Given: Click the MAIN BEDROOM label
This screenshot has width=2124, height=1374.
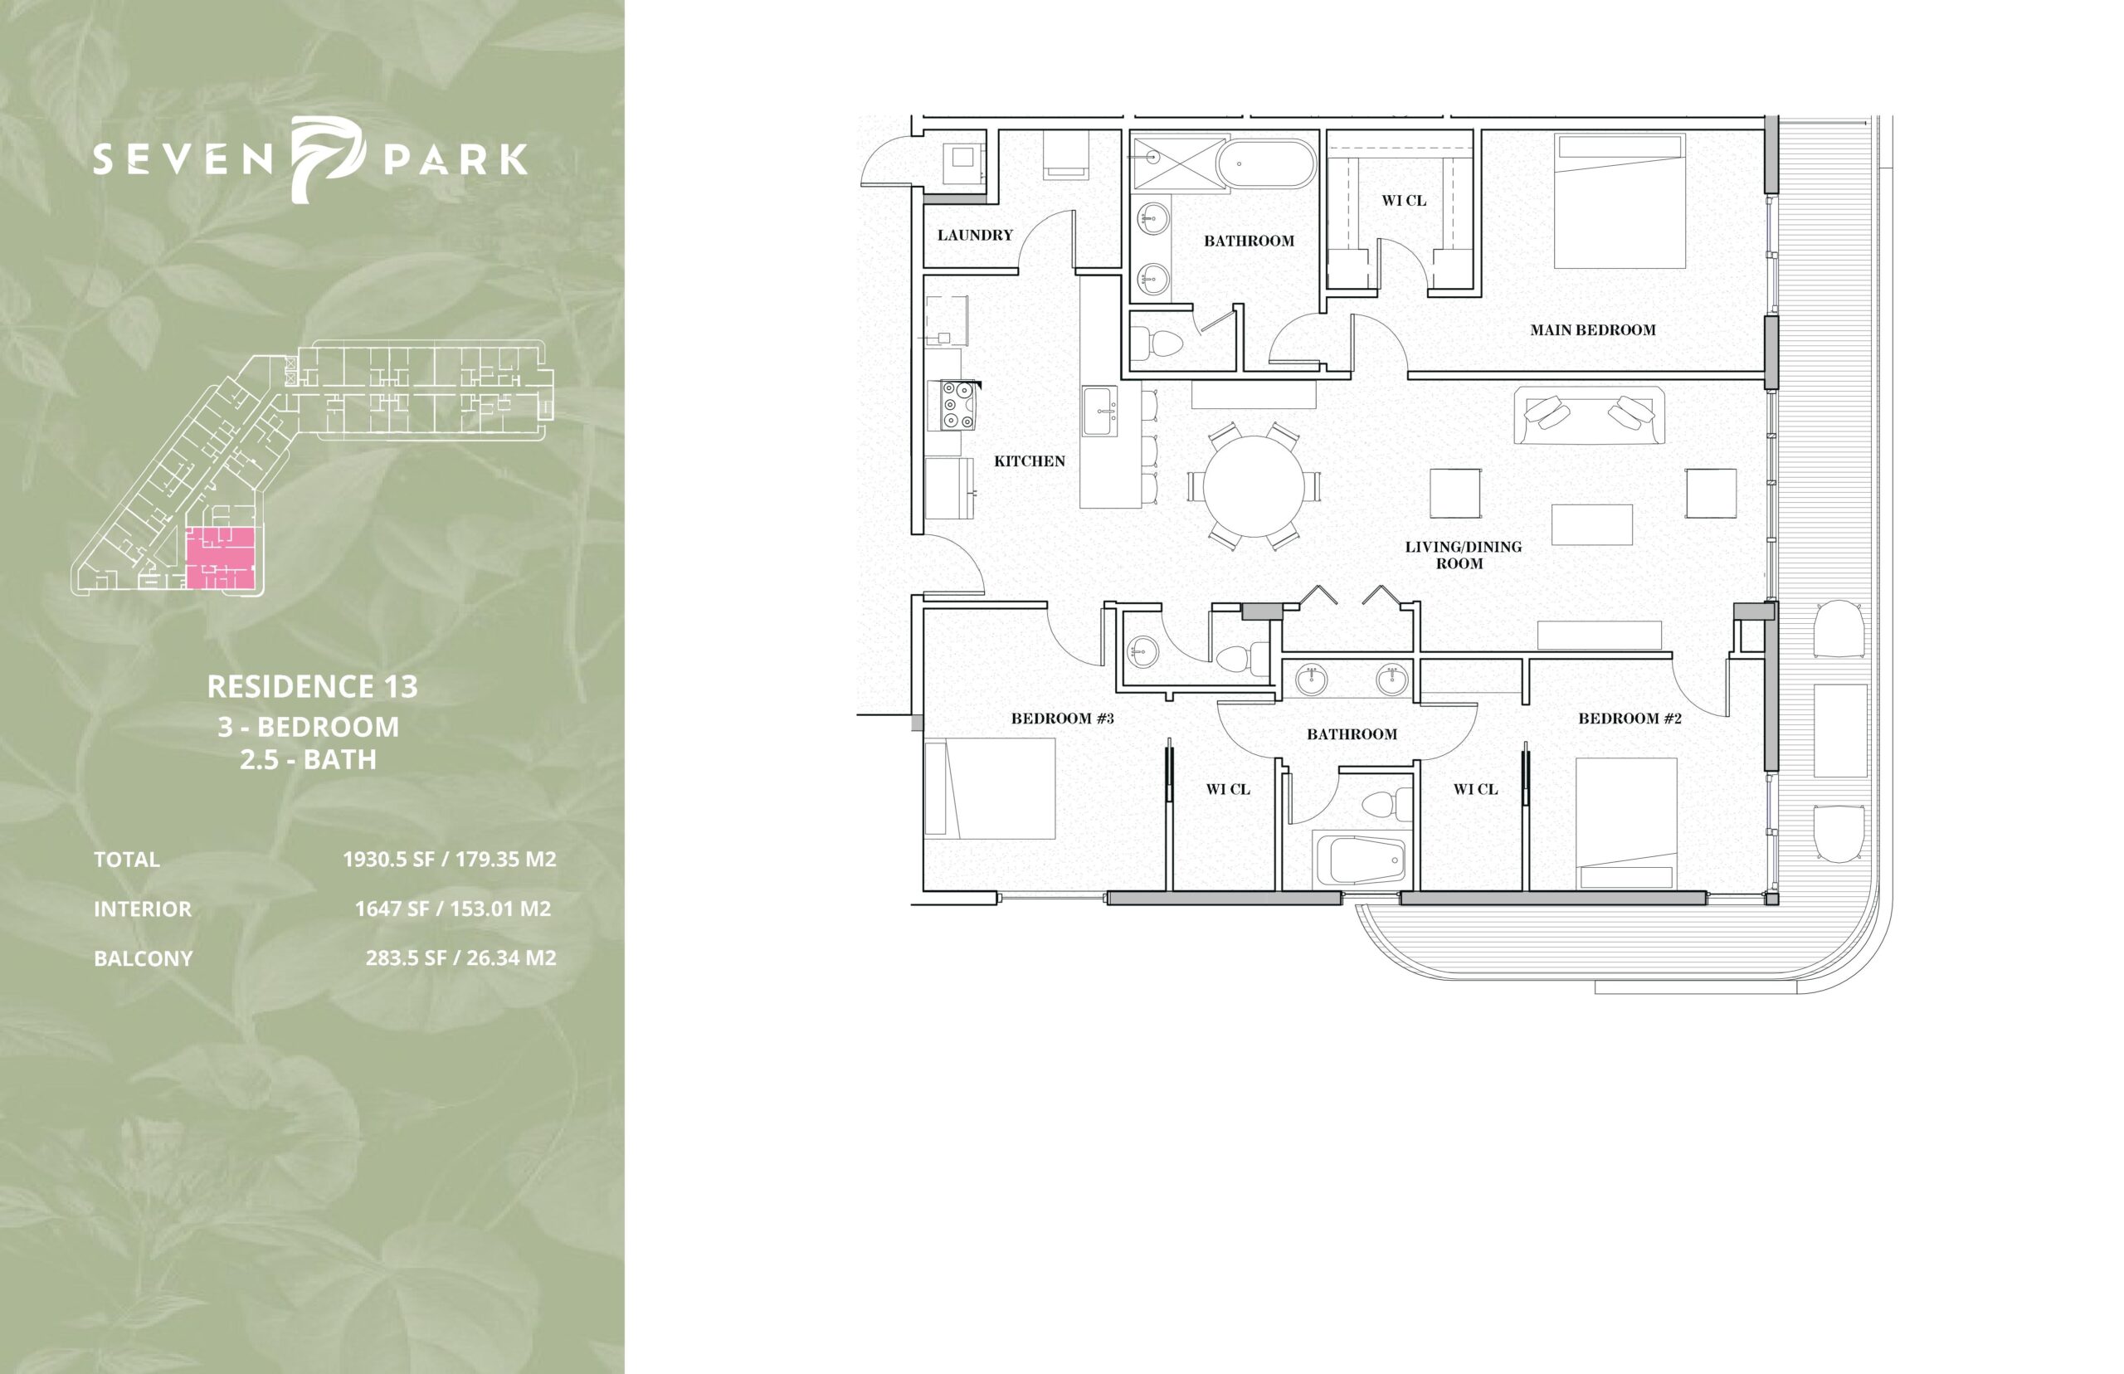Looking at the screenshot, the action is [x=1592, y=330].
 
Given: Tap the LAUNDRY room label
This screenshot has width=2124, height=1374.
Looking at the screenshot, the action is [x=975, y=236].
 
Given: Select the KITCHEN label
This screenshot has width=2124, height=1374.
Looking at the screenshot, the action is [x=1030, y=461].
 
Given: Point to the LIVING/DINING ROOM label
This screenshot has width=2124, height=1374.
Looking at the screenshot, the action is [x=1463, y=555].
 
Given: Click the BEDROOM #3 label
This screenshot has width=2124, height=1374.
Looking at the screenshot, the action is [x=1063, y=719].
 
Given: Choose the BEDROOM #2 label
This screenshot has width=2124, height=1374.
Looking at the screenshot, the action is [x=1630, y=719].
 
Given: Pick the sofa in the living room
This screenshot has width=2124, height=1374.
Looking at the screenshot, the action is [x=1589, y=415].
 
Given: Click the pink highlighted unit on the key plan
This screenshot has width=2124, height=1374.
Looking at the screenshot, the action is [x=222, y=558].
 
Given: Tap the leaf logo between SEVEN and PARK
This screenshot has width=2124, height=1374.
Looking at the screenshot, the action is [x=328, y=158].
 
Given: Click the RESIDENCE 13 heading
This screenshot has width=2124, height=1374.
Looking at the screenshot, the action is [x=312, y=686].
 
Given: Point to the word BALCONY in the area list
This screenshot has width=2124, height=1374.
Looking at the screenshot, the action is [x=143, y=958].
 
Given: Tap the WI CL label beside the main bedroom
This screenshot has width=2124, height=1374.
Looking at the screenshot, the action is [x=1404, y=201].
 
